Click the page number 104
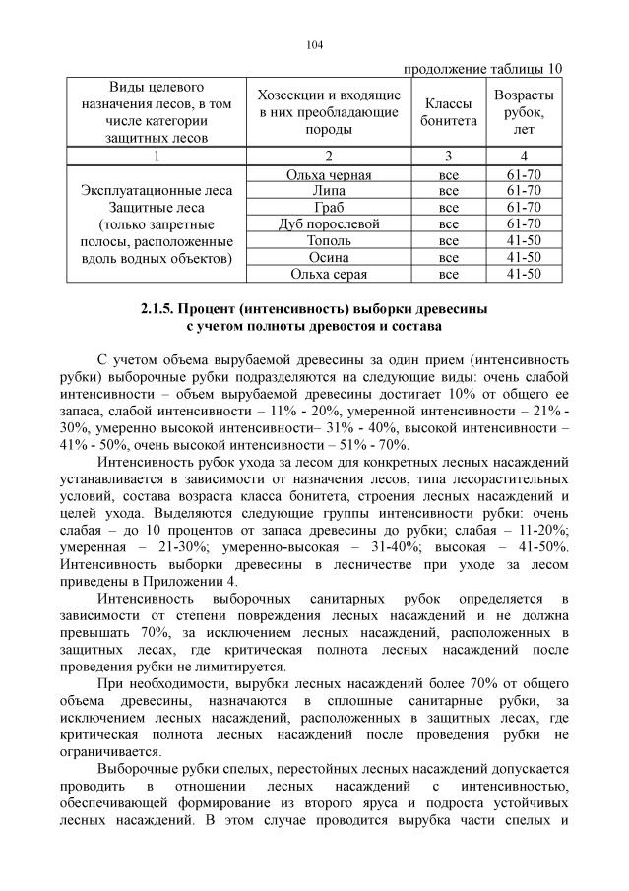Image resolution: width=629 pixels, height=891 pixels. [x=314, y=44]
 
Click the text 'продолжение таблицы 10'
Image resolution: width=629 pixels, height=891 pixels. [x=483, y=68]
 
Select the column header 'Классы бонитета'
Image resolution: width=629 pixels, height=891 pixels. [x=449, y=111]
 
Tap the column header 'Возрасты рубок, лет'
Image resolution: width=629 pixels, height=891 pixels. [x=524, y=111]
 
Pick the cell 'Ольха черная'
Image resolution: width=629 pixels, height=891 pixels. [x=328, y=175]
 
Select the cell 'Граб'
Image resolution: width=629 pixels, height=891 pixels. [x=328, y=208]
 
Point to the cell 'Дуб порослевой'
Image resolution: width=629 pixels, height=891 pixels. [x=328, y=223]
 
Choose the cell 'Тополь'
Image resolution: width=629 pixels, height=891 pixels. [x=328, y=240]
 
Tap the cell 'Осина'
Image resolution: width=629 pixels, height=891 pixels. [x=328, y=256]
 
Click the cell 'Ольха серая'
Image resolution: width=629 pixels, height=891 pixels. [x=328, y=273]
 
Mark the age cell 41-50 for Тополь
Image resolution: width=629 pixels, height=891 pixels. [x=524, y=240]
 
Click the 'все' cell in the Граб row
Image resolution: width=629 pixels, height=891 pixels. [x=449, y=208]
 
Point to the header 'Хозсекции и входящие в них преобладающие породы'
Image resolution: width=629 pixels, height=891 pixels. [x=328, y=111]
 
